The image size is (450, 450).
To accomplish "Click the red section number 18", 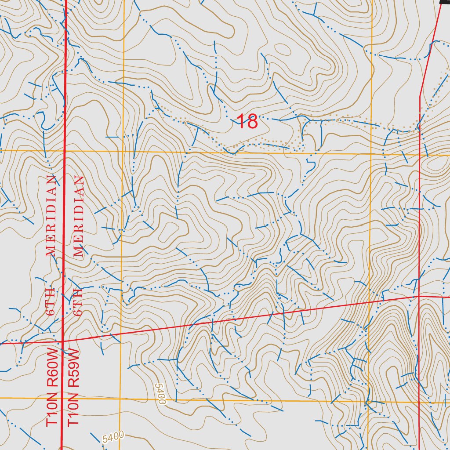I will (247, 122).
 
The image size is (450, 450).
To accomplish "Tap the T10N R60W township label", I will (52, 387).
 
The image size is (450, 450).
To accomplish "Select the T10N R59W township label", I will (73, 387).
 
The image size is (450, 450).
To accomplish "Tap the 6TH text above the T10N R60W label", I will (51, 302).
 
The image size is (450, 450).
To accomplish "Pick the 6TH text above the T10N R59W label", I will (79, 302).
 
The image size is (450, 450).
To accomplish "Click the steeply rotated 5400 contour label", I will (160, 394).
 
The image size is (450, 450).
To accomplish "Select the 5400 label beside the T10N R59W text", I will (113, 437).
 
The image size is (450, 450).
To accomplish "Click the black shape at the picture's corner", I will (445, 2).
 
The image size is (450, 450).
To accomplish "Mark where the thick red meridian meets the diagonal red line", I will (62, 341).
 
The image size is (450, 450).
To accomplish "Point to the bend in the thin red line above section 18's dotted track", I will (420, 94).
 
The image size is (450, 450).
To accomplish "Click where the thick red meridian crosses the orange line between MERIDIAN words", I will (65, 151).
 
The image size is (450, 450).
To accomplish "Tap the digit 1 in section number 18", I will (240, 122).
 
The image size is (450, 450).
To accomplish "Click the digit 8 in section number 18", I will (252, 122).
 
